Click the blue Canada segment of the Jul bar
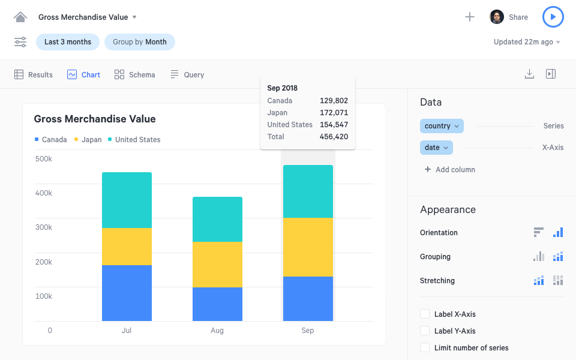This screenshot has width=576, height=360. click(127, 293)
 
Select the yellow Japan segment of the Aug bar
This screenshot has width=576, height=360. click(217, 265)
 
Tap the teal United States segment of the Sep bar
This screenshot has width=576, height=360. click(308, 191)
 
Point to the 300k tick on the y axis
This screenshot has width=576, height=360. click(43, 227)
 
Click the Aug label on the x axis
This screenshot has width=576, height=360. click(217, 331)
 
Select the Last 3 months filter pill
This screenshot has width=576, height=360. click(68, 42)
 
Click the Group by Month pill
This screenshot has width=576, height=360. click(140, 42)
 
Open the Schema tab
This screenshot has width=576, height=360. click(135, 75)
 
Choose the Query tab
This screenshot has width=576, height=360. click(187, 75)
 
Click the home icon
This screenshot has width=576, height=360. click(20, 17)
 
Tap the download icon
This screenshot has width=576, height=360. click(529, 74)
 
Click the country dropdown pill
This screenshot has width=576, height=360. click(442, 126)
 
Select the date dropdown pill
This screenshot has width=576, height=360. click(436, 148)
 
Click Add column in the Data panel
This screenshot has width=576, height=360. click(450, 170)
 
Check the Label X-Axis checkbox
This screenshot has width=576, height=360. click(425, 314)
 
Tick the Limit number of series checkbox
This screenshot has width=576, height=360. click(425, 347)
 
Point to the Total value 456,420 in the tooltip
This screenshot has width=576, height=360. click(334, 137)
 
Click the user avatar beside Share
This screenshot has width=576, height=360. click(496, 17)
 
